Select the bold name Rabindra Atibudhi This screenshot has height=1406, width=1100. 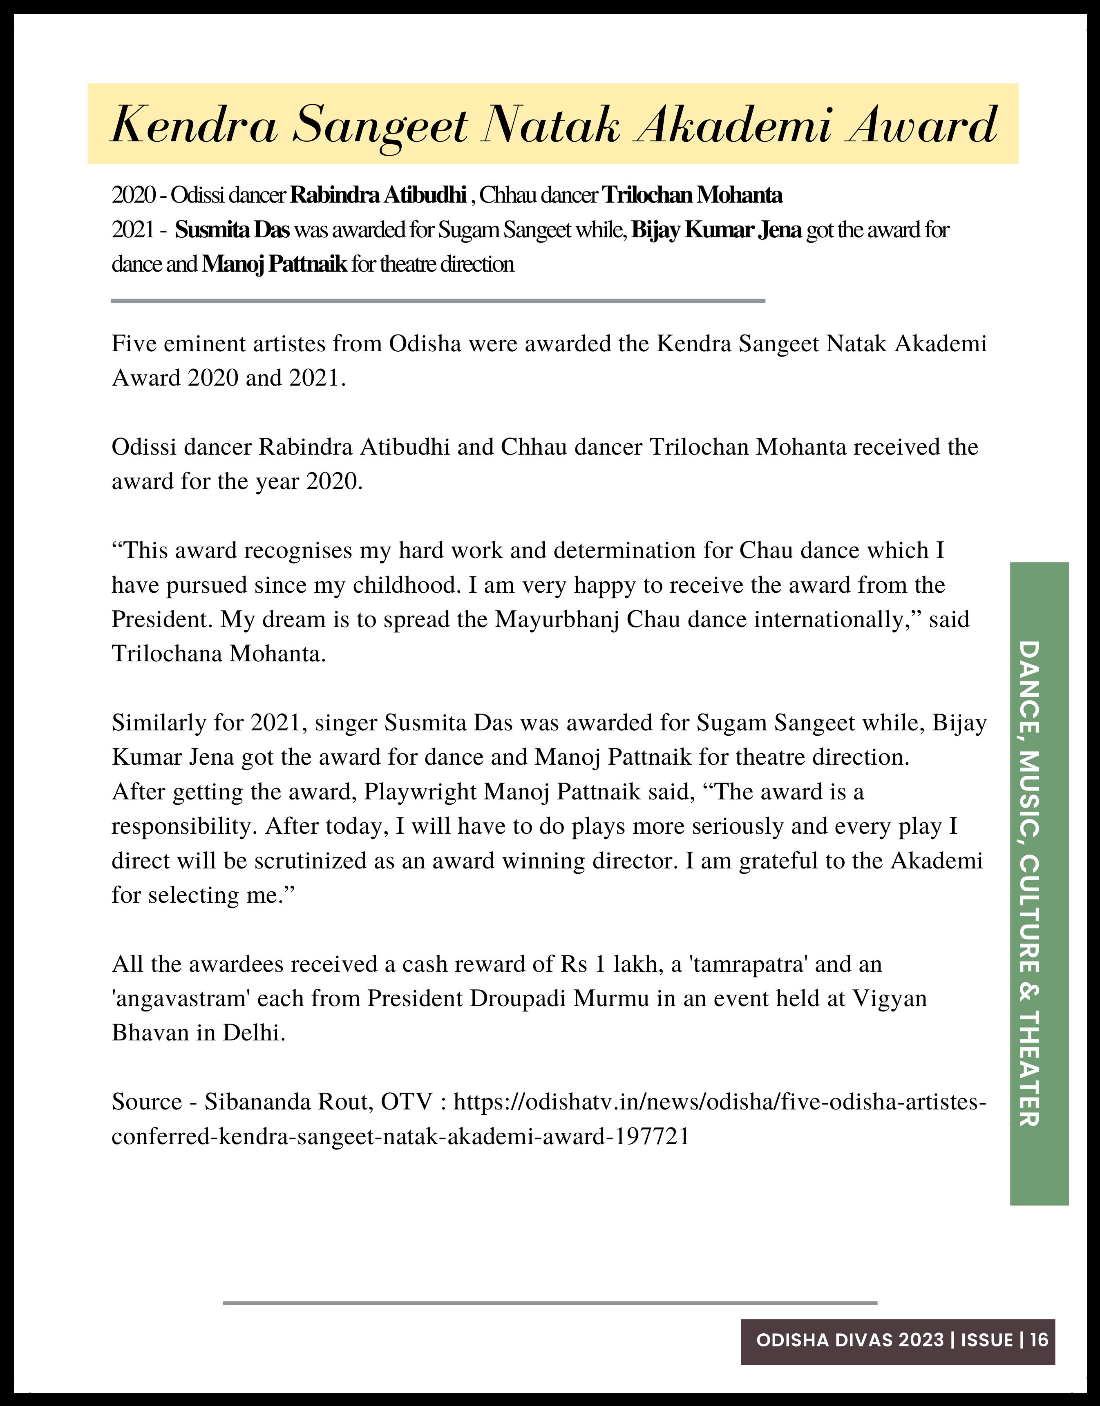378,194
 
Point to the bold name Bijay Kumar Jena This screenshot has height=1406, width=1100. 716,230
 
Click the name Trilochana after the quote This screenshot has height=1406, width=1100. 167,654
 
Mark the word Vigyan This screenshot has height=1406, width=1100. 890,998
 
